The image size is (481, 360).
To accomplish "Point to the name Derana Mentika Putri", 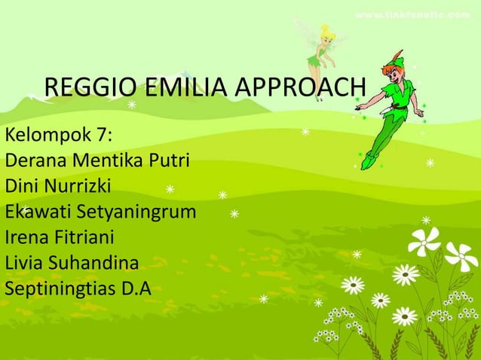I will pos(97,161).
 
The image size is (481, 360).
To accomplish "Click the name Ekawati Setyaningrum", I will pos(100,212).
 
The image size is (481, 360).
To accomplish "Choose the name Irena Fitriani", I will pos(60,237).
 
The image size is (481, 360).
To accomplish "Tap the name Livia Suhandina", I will pos(72,263).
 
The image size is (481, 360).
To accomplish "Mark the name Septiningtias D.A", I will pos(78,288).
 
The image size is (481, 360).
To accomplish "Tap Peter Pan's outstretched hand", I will pos(418,114).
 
